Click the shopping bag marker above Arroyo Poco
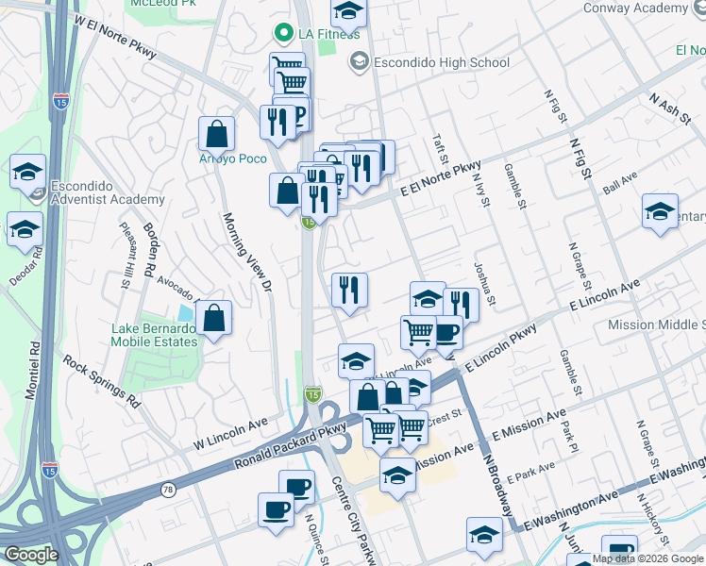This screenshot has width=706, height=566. coord(217,135)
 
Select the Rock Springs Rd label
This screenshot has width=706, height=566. coord(102,380)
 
